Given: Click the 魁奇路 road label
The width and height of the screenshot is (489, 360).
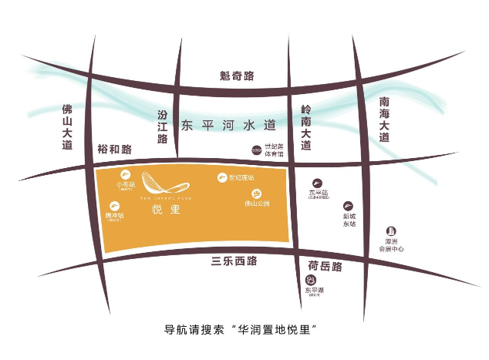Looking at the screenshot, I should [237, 76].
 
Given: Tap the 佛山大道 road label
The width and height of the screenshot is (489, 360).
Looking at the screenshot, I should [67, 127].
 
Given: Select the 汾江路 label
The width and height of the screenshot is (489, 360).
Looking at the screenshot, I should [162, 128].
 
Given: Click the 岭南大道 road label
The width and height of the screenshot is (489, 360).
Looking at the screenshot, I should [306, 128].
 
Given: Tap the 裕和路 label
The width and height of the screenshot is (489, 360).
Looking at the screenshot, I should [115, 149].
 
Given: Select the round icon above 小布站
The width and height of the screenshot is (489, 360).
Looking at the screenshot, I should [124, 175].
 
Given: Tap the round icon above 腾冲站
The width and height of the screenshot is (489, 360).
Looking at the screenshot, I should [115, 206].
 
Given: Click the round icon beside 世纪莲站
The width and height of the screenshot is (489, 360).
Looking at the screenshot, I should [221, 178].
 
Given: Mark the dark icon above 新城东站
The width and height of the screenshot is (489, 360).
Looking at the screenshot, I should [349, 205].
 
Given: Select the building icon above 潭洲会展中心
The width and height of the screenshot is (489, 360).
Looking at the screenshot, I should [391, 232].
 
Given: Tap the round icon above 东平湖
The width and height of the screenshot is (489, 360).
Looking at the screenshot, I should [311, 278].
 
